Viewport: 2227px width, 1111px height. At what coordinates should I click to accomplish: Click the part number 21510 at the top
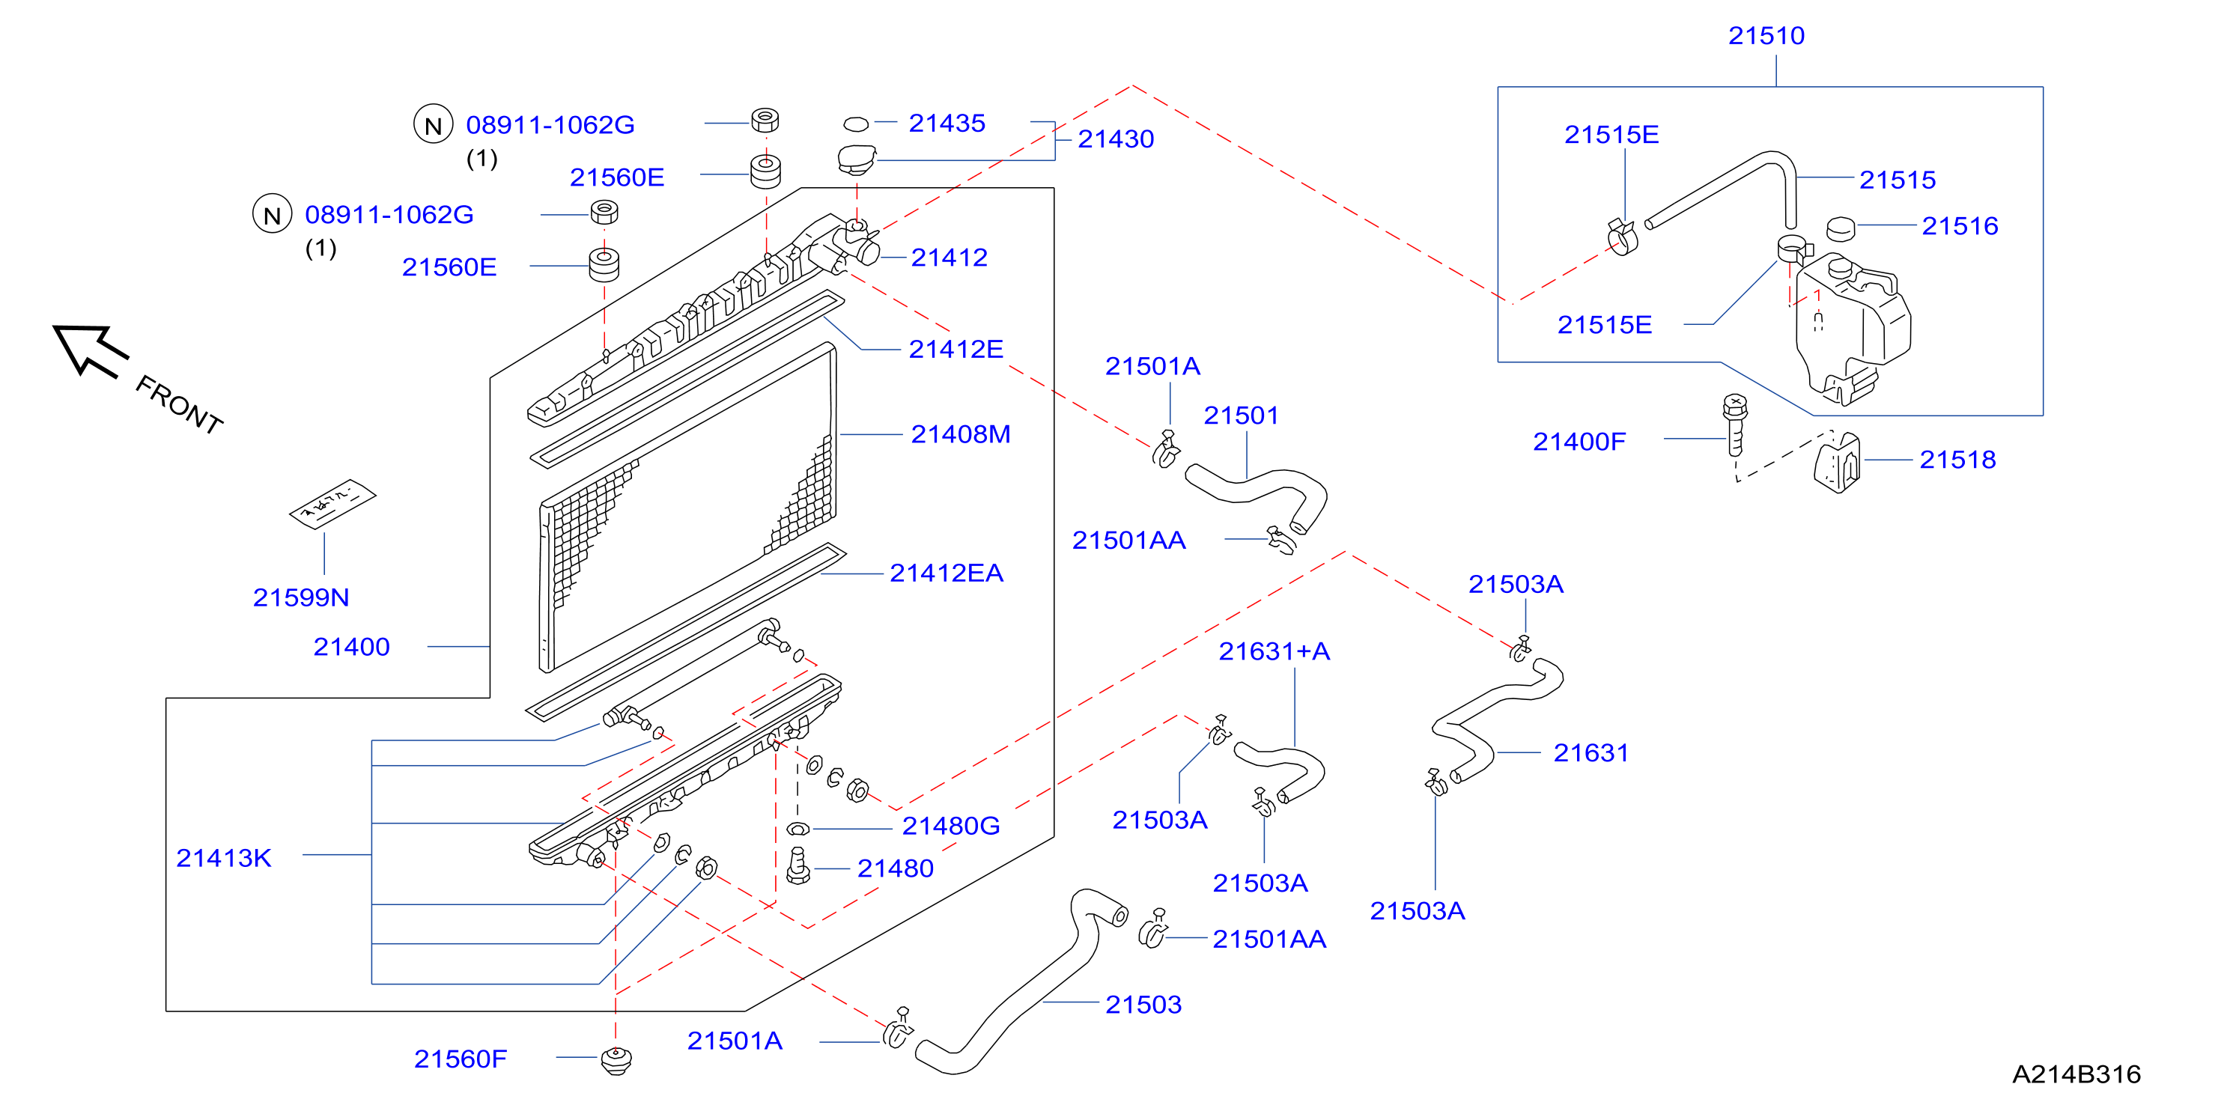[x=1766, y=35]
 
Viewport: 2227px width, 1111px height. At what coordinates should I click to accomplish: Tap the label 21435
[x=947, y=123]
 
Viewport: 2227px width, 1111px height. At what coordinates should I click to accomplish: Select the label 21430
[x=1115, y=139]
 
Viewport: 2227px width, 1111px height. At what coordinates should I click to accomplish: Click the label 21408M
[x=961, y=434]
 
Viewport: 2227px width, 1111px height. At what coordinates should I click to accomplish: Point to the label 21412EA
[x=946, y=573]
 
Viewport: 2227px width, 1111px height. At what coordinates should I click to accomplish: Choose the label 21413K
[x=224, y=858]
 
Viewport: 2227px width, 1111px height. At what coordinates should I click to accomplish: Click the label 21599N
[x=301, y=597]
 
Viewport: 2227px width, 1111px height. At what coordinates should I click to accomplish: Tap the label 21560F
[x=461, y=1059]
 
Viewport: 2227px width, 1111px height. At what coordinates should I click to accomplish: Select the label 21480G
[x=951, y=826]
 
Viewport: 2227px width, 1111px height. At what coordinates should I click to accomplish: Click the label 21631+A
[x=1274, y=651]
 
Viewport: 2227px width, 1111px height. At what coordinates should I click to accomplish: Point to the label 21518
[x=1957, y=459]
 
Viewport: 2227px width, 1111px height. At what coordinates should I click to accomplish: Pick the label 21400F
[x=1579, y=442]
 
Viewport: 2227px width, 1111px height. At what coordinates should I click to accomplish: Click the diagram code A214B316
[x=2076, y=1074]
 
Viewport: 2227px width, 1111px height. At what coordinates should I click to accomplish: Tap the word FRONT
[x=180, y=404]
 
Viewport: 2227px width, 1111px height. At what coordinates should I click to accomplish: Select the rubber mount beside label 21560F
[x=616, y=1061]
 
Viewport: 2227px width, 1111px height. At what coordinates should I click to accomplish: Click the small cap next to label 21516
[x=1841, y=228]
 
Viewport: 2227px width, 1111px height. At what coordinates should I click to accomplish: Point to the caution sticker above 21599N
[x=332, y=503]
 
